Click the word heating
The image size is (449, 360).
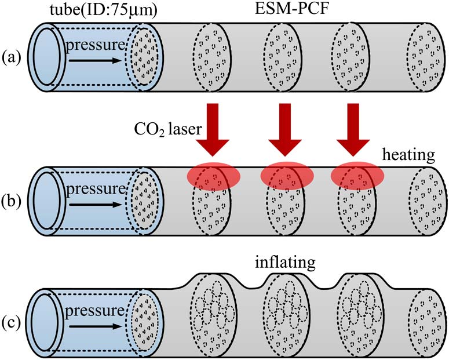pos(410,156)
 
